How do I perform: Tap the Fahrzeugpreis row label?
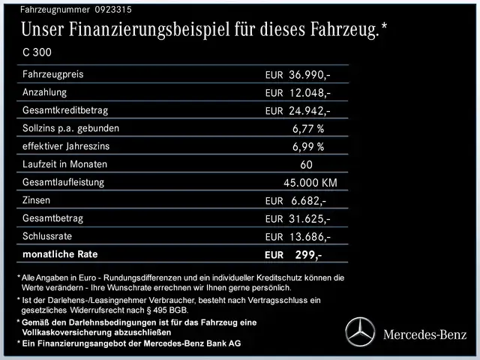[x=53, y=75]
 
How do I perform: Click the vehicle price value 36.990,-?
[x=309, y=76]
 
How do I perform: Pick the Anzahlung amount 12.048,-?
[x=309, y=93]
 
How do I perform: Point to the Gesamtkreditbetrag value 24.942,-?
[x=309, y=111]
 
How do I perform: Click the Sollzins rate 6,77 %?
[x=308, y=129]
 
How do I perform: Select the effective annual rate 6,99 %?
[x=308, y=147]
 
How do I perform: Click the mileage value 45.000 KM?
[x=310, y=183]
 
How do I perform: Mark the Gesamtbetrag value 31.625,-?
[x=309, y=219]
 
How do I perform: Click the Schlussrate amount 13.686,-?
[x=309, y=237]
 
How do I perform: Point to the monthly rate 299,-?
[x=308, y=255]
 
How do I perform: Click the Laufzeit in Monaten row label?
[x=65, y=164]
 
